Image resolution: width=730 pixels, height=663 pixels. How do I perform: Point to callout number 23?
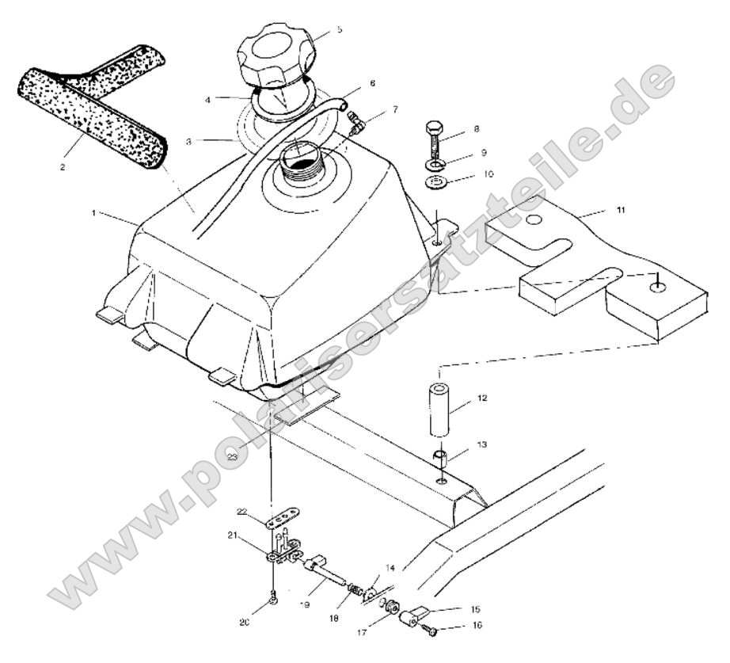click(x=232, y=456)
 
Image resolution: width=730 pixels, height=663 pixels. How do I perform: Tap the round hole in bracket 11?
click(x=534, y=219)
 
